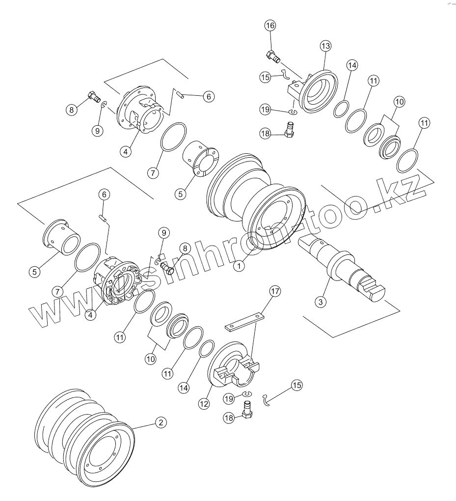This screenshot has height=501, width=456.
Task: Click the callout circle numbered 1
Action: [x=239, y=266]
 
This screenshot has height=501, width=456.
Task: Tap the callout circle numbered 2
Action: [x=160, y=422]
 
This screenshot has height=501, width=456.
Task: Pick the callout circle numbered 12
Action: [x=204, y=403]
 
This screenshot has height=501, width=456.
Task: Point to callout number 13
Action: [x=325, y=46]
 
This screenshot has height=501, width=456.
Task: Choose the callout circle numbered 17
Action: [x=274, y=291]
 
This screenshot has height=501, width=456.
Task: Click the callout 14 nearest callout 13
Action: [x=351, y=65]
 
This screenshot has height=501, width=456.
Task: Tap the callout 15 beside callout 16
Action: [x=266, y=77]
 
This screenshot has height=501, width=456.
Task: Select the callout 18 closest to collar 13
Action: [x=266, y=134]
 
